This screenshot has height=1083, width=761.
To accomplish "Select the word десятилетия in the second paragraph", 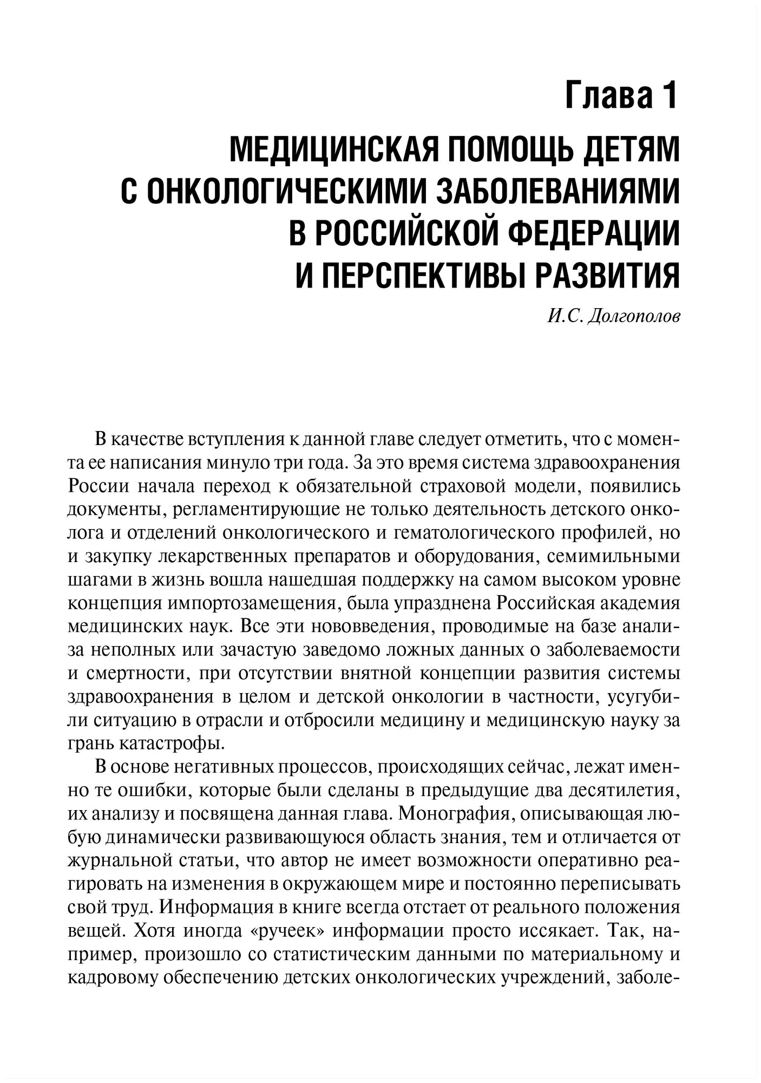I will click(624, 791).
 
